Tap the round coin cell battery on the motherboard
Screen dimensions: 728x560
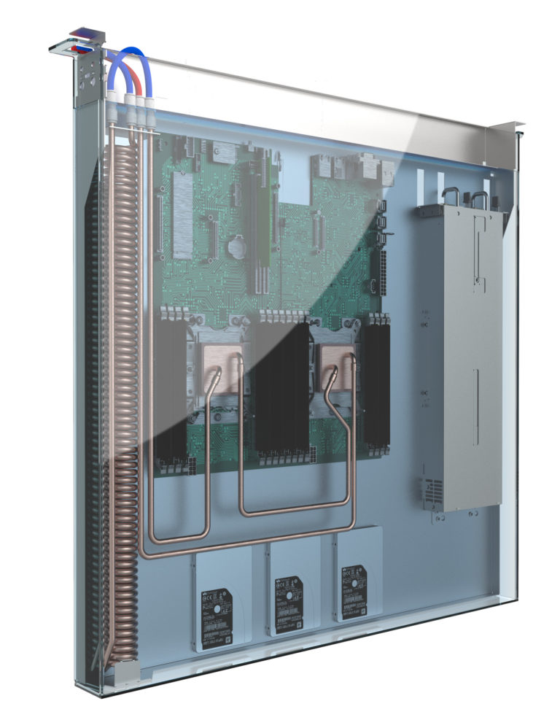point(235,247)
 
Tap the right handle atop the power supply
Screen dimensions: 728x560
point(479,198)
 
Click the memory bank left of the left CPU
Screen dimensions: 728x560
point(169,387)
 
